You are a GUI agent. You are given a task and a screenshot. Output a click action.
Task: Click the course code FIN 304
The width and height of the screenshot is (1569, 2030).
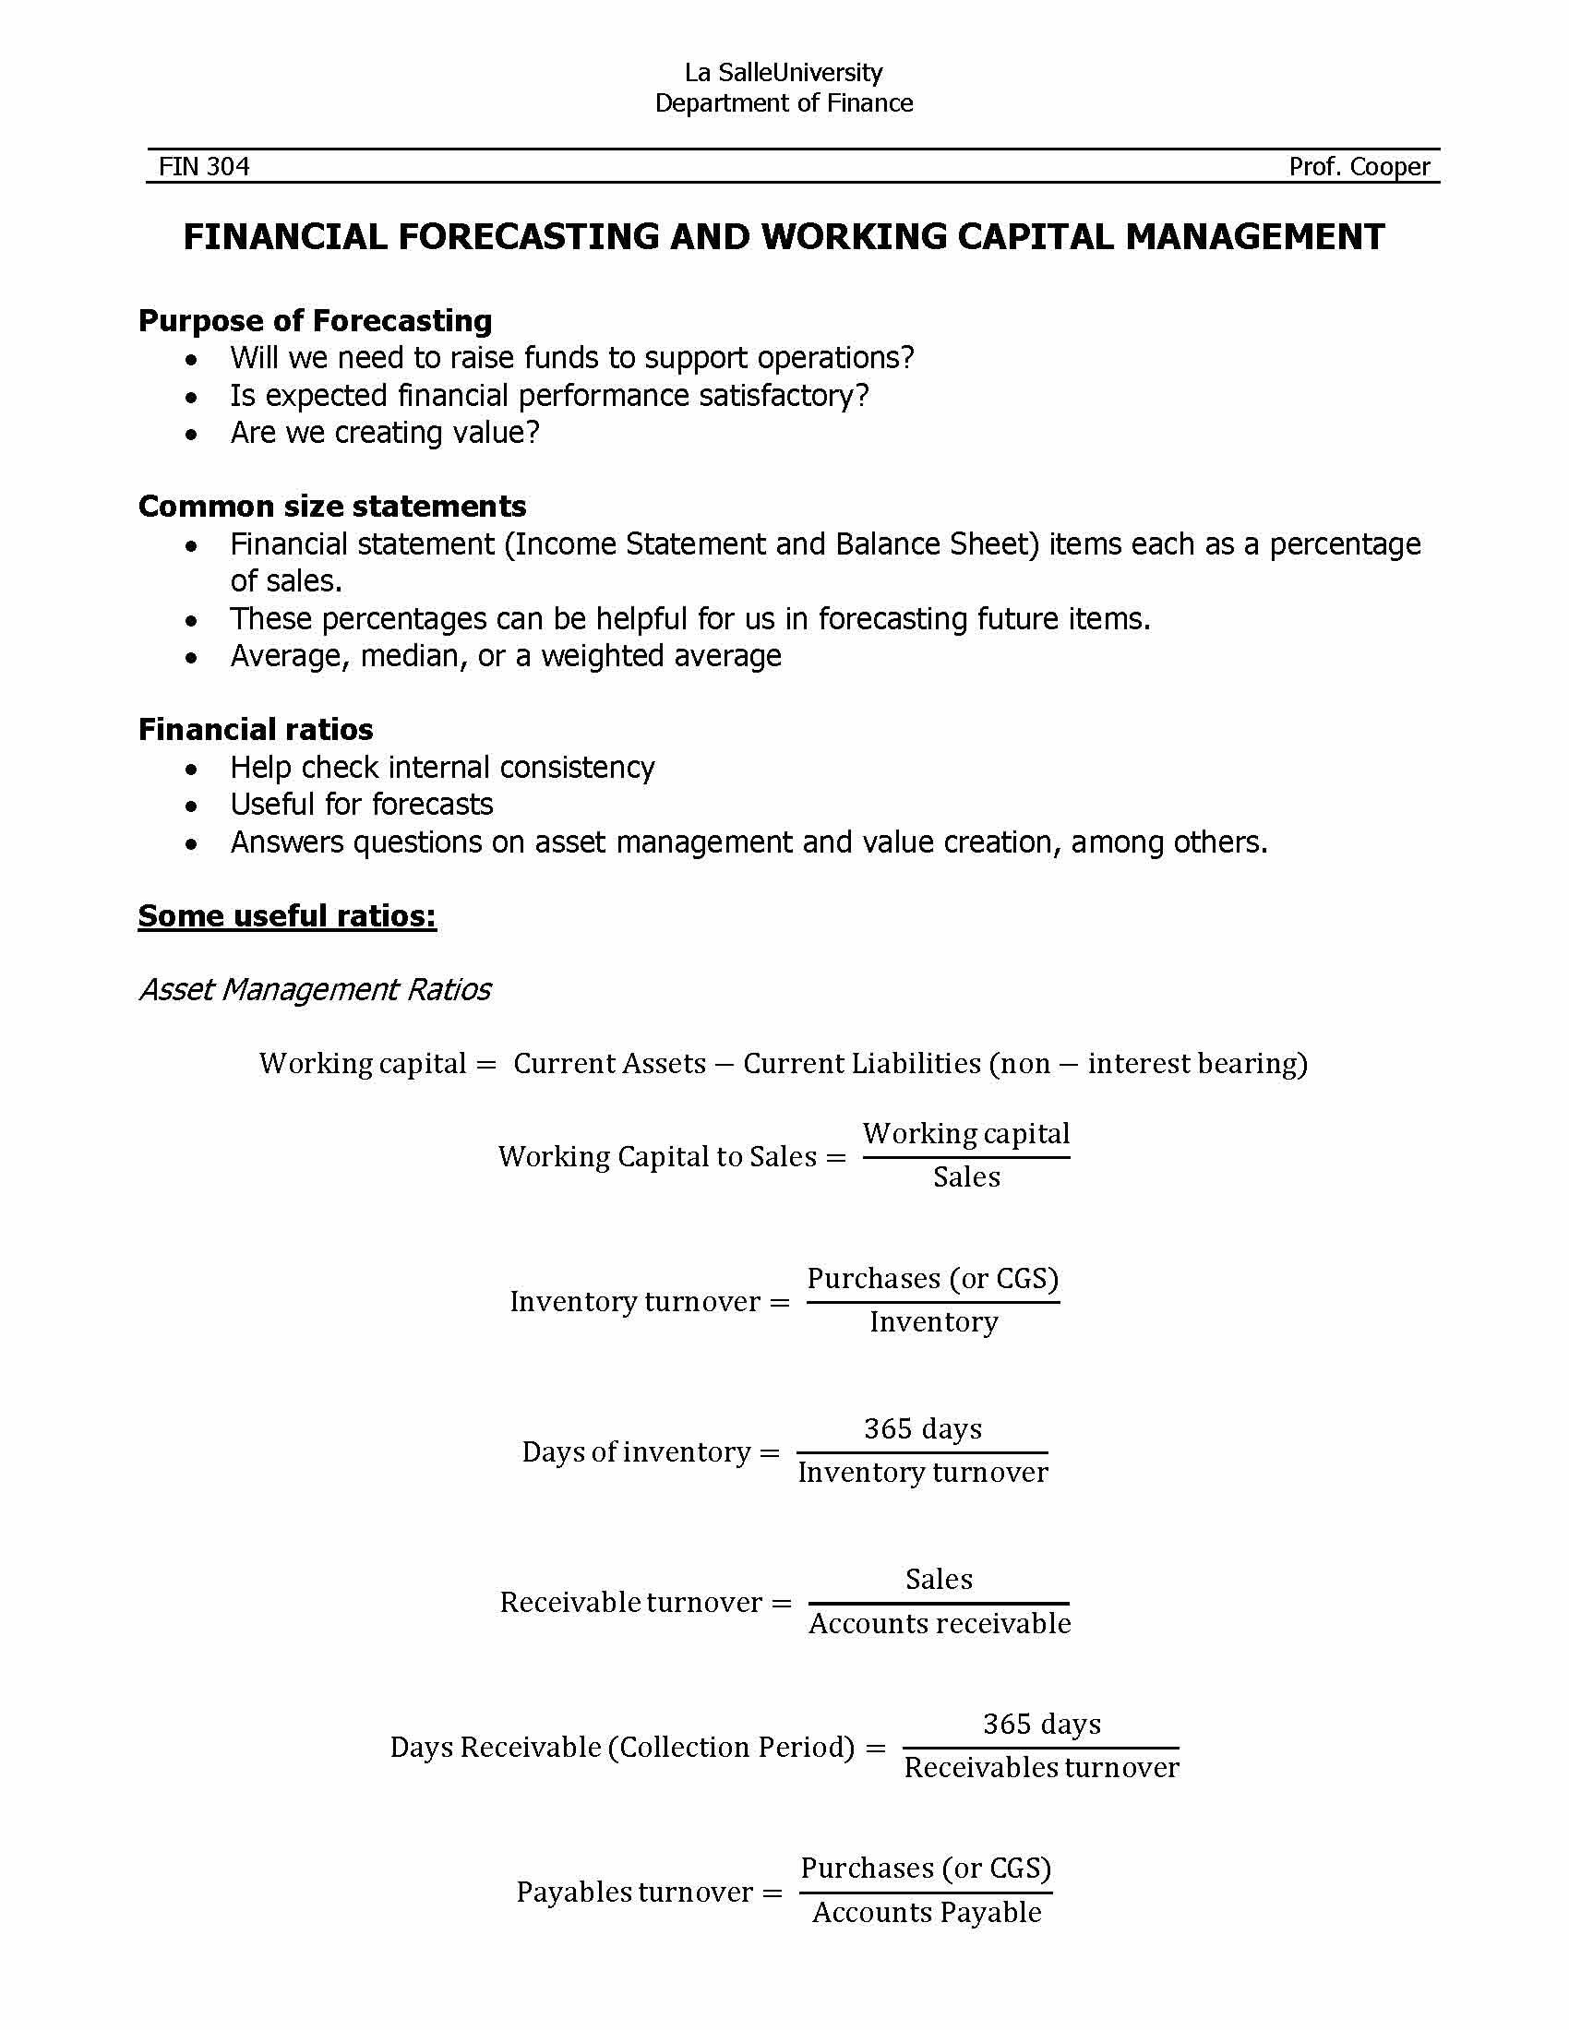point(204,166)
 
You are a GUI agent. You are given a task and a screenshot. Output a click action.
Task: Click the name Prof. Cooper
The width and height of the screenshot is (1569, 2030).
point(1359,166)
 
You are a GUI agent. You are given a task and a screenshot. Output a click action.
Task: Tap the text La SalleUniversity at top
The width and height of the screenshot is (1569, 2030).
point(784,73)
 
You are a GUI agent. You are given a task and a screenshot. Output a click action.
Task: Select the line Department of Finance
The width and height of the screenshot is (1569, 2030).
point(784,103)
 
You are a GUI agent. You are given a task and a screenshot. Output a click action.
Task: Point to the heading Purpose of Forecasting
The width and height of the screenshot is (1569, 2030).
point(315,321)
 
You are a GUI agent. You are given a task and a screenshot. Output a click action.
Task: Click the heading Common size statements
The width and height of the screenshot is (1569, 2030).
point(332,506)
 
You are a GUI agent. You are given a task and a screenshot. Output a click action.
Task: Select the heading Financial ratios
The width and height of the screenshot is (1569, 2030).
point(256,729)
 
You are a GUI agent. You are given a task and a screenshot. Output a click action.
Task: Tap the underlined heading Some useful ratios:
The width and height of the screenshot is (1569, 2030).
point(287,915)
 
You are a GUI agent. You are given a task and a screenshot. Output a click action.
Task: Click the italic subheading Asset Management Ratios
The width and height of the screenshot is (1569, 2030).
point(315,989)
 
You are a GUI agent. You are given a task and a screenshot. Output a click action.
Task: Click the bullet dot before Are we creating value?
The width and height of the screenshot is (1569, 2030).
point(191,434)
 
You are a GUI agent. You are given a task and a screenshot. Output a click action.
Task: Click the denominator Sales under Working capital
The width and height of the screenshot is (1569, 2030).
point(966,1177)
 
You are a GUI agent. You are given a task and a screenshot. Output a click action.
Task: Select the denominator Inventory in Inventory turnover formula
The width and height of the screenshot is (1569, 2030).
point(933,1321)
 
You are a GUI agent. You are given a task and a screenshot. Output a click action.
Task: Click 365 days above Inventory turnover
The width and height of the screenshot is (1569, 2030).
point(922,1428)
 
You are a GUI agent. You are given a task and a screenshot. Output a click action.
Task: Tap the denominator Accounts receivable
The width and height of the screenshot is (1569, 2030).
point(939,1623)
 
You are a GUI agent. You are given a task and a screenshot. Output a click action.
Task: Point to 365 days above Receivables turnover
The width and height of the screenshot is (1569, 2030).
point(1041,1725)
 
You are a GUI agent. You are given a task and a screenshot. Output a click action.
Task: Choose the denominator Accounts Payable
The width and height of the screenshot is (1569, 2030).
point(927,1912)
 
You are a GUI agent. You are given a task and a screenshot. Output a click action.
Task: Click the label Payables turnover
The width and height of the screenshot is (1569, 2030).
point(634,1892)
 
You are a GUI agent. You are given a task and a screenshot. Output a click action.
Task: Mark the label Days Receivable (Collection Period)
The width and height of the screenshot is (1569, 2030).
point(622,1747)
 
